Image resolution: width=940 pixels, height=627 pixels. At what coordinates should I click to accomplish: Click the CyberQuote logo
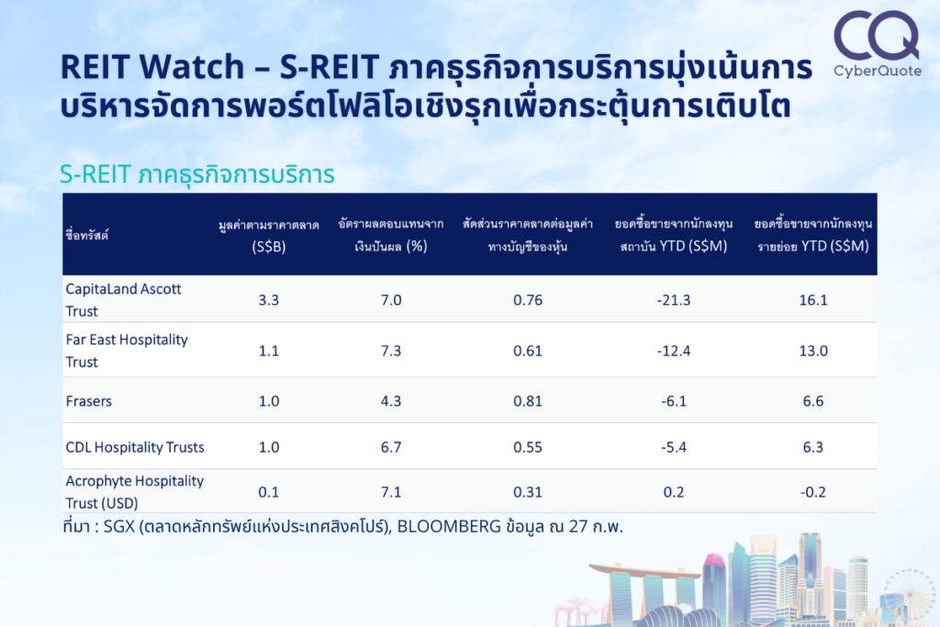tap(877, 44)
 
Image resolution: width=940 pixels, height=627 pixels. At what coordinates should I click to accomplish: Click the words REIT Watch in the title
tap(152, 66)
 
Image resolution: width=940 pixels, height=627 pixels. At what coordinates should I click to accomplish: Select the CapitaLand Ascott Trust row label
tap(124, 299)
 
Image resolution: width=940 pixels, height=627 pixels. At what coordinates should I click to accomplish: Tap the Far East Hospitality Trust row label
tap(127, 351)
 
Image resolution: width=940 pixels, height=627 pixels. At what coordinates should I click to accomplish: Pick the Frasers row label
tap(89, 401)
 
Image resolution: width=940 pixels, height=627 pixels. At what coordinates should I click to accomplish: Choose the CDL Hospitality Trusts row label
tap(135, 447)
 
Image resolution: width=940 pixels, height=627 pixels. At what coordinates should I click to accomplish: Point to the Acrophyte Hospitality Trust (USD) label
tap(135, 492)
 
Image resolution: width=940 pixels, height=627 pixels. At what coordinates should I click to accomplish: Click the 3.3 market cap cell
tap(269, 299)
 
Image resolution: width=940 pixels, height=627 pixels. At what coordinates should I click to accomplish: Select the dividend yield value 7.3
tap(391, 351)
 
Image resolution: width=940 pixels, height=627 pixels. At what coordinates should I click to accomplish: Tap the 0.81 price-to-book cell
tap(528, 401)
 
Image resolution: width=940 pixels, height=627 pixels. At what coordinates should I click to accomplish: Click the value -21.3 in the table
tap(673, 299)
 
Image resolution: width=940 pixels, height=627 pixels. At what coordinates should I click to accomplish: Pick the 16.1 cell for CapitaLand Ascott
tap(813, 299)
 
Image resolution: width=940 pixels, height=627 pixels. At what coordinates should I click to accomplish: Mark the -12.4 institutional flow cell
tap(673, 351)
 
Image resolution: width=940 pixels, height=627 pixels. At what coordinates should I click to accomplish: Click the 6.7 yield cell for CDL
tap(391, 447)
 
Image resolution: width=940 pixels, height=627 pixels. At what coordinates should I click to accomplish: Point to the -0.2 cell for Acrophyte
tap(813, 492)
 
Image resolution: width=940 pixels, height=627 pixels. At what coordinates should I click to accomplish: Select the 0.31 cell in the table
tap(528, 492)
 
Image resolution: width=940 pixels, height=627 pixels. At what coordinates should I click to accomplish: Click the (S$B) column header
tap(269, 246)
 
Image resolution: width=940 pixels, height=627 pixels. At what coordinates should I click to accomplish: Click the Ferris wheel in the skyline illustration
tap(910, 593)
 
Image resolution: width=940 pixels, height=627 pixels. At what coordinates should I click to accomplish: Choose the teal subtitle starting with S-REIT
tap(197, 174)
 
